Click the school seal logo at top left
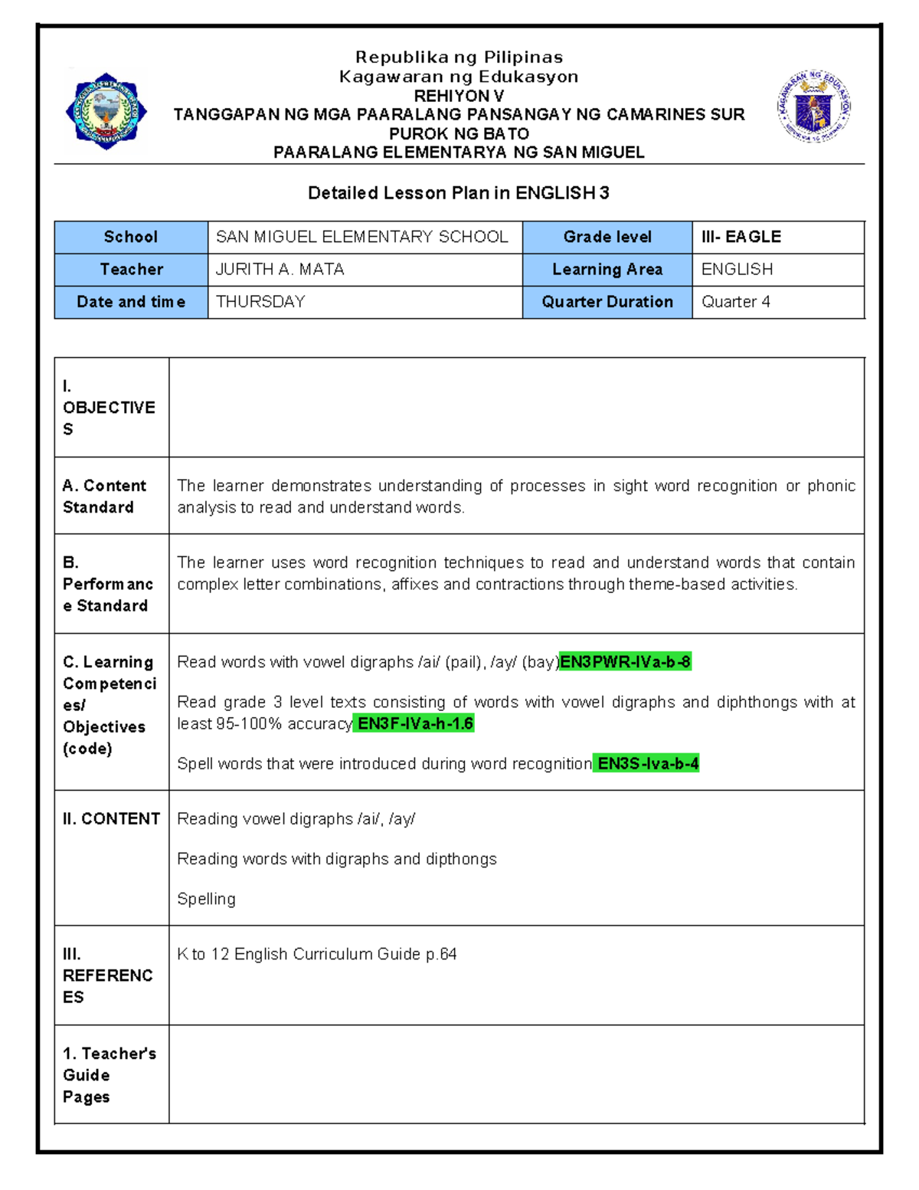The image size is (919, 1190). (x=106, y=111)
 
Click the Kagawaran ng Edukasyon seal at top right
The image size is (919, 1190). (x=813, y=107)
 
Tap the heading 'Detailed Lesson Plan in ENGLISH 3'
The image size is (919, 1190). (x=458, y=193)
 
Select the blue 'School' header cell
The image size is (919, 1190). (x=131, y=238)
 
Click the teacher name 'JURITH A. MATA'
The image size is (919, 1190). (x=280, y=270)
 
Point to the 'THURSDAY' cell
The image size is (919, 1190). (x=260, y=302)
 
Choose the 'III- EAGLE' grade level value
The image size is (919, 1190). (x=741, y=238)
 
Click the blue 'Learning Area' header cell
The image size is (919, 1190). (x=607, y=270)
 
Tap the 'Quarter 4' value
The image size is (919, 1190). (x=735, y=302)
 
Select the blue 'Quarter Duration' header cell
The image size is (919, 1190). (x=607, y=302)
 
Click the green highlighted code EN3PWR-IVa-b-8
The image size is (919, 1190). (x=625, y=662)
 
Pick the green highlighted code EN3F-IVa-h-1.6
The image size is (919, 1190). (x=414, y=723)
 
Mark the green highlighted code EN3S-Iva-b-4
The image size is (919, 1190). (x=647, y=764)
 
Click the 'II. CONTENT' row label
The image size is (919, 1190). (x=112, y=819)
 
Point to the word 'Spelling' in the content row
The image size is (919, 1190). (x=206, y=900)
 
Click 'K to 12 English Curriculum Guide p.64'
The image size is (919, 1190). (x=316, y=955)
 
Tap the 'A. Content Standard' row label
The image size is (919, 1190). (x=104, y=497)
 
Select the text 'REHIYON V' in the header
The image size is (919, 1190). (x=459, y=96)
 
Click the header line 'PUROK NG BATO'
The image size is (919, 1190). (x=459, y=133)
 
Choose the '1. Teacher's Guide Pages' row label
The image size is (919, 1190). (x=109, y=1075)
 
